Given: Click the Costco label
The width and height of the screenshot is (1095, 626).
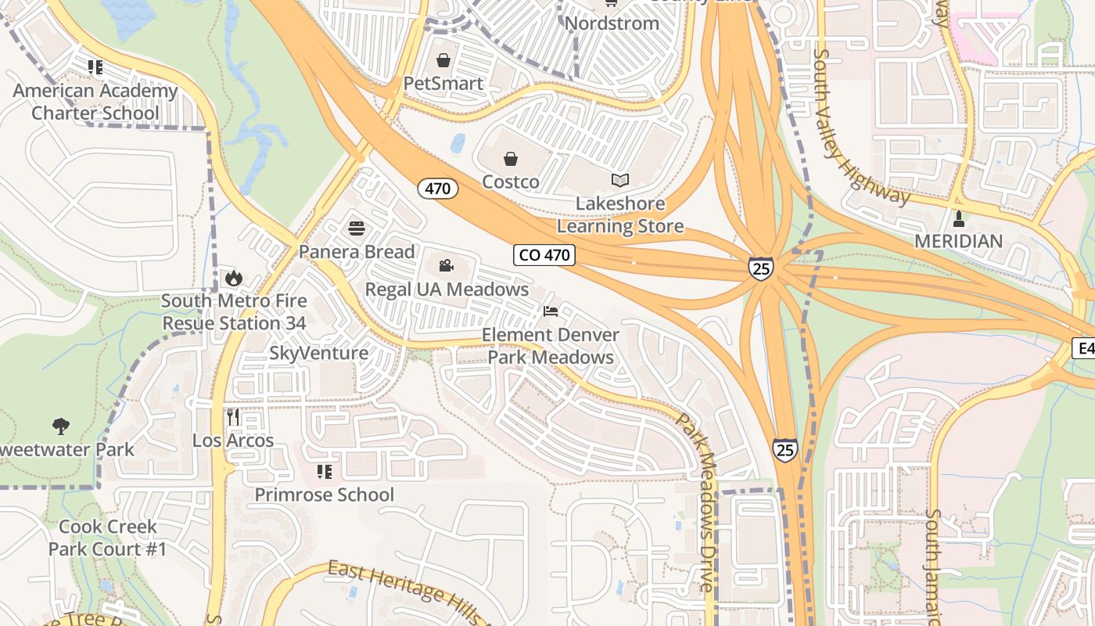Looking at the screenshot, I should click(x=510, y=182).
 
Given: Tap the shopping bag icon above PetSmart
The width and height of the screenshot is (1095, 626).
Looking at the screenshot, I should click(x=443, y=60).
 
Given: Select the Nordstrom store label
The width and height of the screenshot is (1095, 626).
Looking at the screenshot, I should click(x=612, y=23).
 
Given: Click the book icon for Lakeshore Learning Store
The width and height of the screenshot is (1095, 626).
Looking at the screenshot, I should click(x=620, y=181).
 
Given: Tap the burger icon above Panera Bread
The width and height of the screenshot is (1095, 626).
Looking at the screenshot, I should click(x=357, y=228).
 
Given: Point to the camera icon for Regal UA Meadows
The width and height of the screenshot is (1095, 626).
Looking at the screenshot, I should click(x=446, y=266).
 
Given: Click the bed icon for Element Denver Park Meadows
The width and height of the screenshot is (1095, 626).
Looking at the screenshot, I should click(x=551, y=311).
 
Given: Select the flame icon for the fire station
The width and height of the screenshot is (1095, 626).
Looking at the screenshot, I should click(x=233, y=278).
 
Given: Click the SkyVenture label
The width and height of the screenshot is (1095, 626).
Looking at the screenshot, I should click(x=318, y=353).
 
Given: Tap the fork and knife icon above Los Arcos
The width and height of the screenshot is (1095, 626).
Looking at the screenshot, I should click(x=233, y=417).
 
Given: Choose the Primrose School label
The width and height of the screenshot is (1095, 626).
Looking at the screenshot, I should click(x=325, y=495).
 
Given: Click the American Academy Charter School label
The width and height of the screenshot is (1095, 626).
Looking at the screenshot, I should click(x=95, y=102).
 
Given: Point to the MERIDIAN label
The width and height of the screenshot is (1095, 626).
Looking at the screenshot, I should click(x=958, y=241).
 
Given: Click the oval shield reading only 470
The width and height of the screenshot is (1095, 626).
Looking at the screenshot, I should click(x=437, y=189).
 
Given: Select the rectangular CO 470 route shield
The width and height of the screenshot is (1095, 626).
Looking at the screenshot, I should click(x=545, y=255).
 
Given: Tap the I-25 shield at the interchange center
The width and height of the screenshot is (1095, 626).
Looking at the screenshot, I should click(x=760, y=268).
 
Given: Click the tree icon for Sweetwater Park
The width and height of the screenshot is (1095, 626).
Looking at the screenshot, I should click(x=61, y=426).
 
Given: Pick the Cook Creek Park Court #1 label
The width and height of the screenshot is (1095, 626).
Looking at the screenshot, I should click(x=107, y=538).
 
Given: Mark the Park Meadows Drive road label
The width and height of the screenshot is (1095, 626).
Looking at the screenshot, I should click(x=697, y=501).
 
